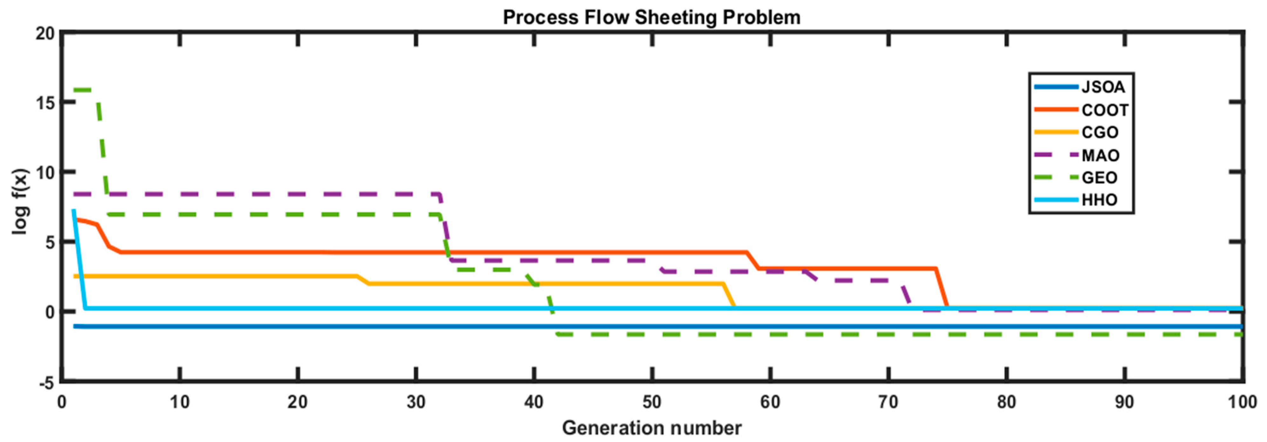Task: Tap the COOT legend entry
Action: point(1105,110)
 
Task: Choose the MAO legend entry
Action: point(1100,155)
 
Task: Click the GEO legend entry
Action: point(1099,178)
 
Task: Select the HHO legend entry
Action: point(1099,200)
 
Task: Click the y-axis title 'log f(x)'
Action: point(21,201)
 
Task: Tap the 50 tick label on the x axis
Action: point(652,403)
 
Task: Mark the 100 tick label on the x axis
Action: point(1242,403)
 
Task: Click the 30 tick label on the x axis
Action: point(416,403)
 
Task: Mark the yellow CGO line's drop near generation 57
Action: point(729,295)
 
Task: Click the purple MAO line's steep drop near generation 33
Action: point(446,228)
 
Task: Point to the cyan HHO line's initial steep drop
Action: point(79,261)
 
